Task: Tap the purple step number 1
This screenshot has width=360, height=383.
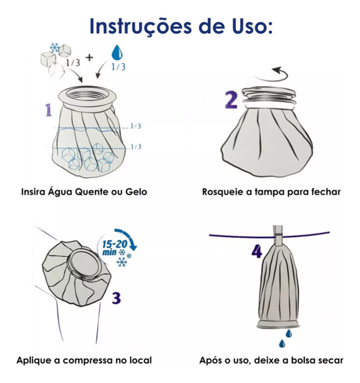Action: (x=48, y=110)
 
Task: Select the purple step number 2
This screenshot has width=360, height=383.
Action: (x=231, y=100)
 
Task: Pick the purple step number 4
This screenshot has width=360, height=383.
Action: (x=256, y=251)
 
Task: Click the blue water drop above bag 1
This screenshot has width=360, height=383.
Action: (x=116, y=52)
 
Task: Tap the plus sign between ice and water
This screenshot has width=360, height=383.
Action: (x=89, y=58)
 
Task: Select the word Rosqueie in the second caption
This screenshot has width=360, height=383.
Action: (x=221, y=191)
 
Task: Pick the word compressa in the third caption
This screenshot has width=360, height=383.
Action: (x=86, y=360)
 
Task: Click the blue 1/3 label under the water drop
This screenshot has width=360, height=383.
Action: (x=118, y=67)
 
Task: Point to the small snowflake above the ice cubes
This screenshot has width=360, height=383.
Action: (x=54, y=47)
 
